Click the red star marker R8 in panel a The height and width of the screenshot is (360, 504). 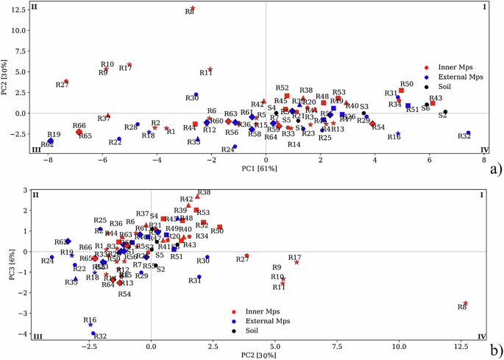(x=193, y=8)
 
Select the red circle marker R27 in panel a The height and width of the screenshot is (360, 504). (x=66, y=82)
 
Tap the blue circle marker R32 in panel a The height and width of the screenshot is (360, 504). (x=468, y=133)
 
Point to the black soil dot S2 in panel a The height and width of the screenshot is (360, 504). (x=445, y=112)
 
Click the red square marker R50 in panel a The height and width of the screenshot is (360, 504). (x=401, y=91)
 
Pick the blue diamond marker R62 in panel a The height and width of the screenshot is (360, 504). (x=50, y=141)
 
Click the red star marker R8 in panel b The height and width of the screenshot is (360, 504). (x=466, y=303)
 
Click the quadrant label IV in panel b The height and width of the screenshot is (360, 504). (x=482, y=336)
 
